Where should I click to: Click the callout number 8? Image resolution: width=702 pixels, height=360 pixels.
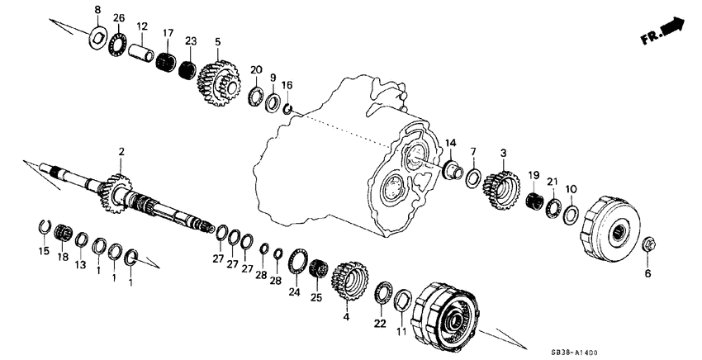click(x=97, y=9)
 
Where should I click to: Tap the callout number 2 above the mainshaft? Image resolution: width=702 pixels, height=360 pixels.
click(x=121, y=152)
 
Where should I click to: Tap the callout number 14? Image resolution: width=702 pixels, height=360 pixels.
click(x=451, y=144)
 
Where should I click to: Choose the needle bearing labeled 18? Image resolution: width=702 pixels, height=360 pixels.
click(x=60, y=233)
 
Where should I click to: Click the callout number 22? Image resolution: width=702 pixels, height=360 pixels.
click(x=382, y=323)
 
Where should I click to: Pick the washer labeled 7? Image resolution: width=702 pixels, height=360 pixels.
click(x=474, y=177)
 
